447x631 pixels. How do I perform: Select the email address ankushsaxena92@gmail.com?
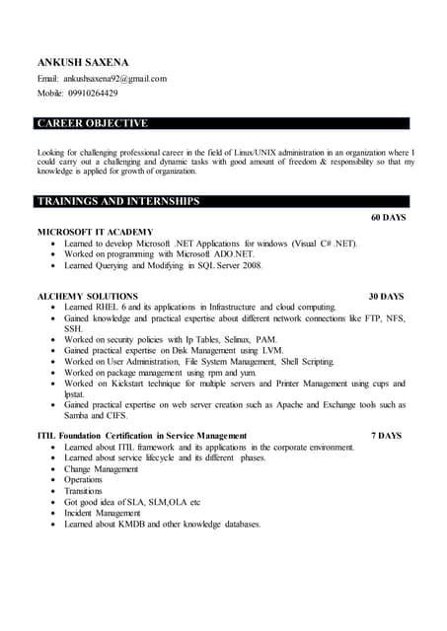pyautogui.click(x=115, y=78)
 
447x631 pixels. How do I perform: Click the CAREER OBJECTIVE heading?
pyautogui.click(x=92, y=123)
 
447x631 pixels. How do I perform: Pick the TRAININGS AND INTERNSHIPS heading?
pyautogui.click(x=118, y=201)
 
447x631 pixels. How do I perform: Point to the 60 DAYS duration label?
pyautogui.click(x=388, y=217)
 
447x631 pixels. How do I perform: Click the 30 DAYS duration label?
pyautogui.click(x=386, y=296)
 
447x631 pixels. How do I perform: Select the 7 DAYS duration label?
pyautogui.click(x=386, y=435)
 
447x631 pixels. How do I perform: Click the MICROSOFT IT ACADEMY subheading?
pyautogui.click(x=96, y=231)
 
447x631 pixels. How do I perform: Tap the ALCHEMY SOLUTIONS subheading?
pyautogui.click(x=88, y=296)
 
